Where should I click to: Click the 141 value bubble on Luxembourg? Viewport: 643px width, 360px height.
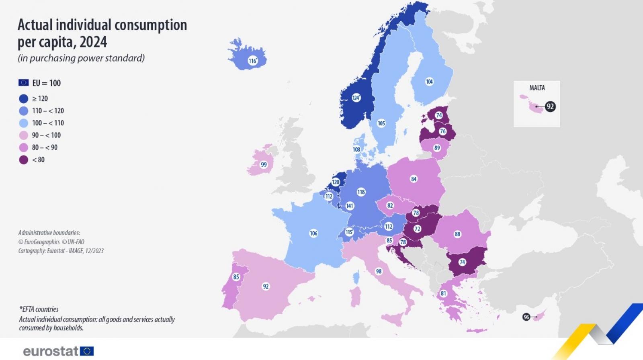[350, 206]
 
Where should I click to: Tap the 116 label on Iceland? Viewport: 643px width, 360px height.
[252, 61]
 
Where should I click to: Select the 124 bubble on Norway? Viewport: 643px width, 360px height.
[356, 98]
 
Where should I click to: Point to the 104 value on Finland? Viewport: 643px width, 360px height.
[429, 82]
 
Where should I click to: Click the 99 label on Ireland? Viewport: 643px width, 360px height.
[264, 164]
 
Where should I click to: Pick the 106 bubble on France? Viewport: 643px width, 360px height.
[313, 233]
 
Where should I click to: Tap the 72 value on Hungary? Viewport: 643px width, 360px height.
[418, 229]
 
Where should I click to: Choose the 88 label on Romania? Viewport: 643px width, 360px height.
[457, 234]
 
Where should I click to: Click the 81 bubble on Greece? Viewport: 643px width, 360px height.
[443, 293]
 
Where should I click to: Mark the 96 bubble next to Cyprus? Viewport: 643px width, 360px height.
[526, 317]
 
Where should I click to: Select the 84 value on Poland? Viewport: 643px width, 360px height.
[414, 179]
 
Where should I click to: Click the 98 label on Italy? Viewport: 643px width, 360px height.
[379, 271]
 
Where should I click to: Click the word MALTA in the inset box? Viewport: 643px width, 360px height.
[537, 88]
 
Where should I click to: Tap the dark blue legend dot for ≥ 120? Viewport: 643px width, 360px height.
[24, 99]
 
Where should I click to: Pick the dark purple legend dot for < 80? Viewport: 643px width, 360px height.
[24, 160]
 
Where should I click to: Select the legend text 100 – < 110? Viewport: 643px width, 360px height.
[48, 123]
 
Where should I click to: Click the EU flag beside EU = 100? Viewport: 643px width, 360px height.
[23, 83]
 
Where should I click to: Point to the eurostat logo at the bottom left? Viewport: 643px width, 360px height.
[58, 351]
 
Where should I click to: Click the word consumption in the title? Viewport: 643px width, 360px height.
[151, 25]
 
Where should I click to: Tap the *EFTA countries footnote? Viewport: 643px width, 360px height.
[39, 309]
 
